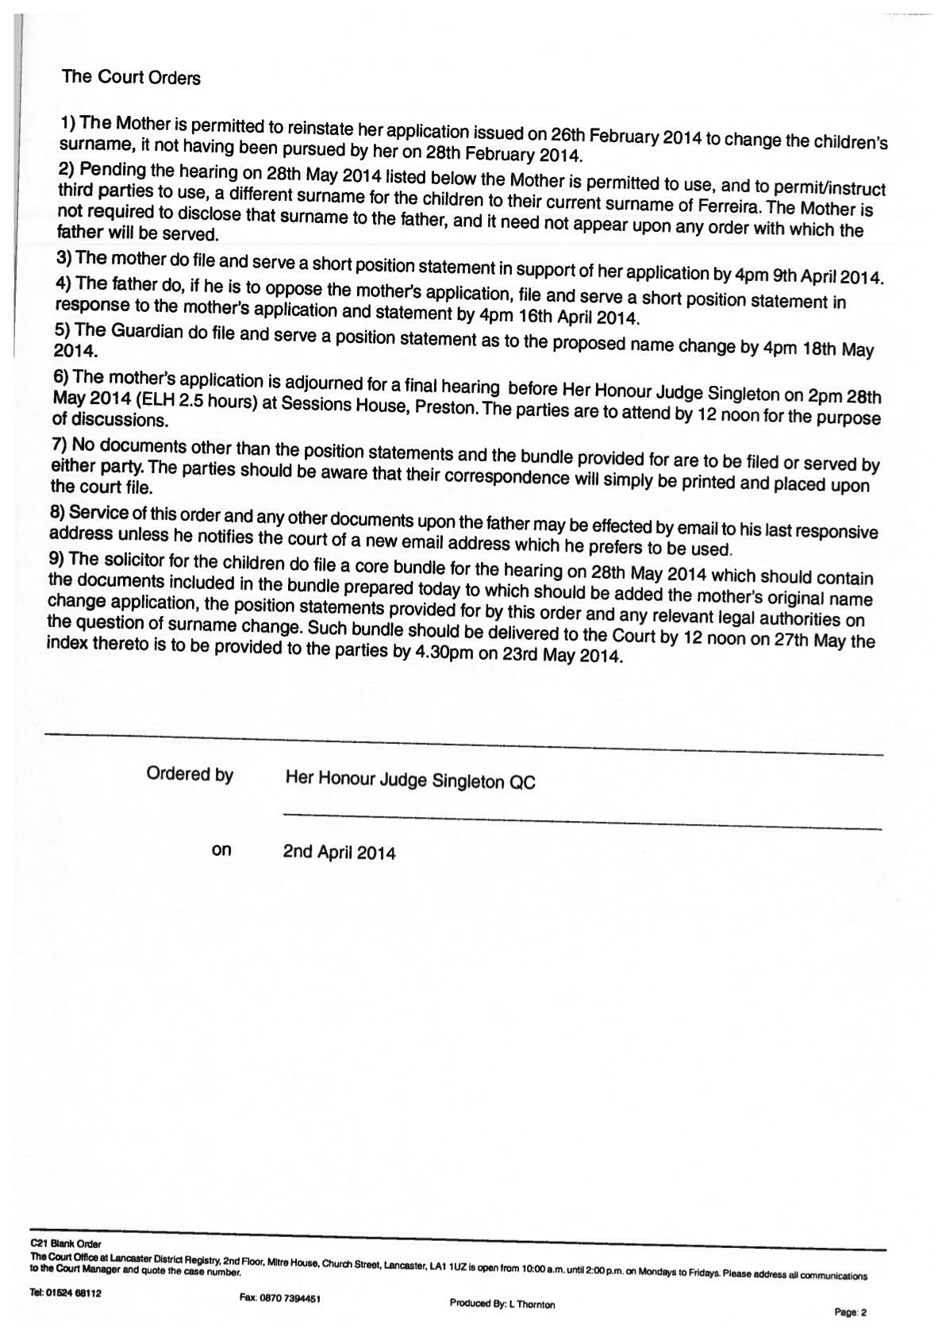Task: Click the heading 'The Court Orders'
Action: pos(131,78)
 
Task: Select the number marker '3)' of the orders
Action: pos(64,257)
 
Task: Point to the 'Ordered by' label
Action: pos(190,774)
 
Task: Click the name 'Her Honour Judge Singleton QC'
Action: pos(410,780)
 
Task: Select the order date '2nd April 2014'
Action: pos(339,853)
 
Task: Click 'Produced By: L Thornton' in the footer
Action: pos(502,1304)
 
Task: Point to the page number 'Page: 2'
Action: pos(850,1312)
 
